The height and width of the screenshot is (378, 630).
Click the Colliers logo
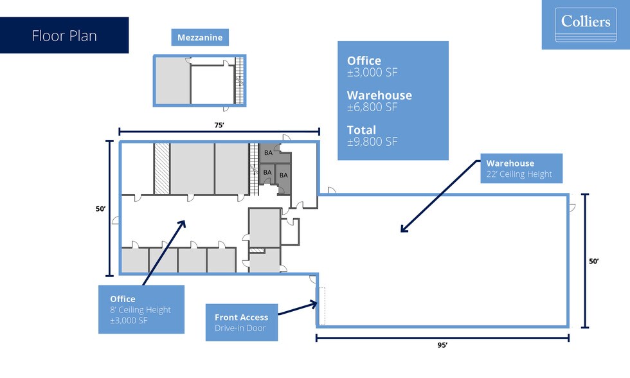coord(585,24)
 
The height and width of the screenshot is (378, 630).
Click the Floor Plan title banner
coord(64,35)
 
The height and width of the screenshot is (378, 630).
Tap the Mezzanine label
coord(201,37)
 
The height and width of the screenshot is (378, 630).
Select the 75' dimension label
coord(219,125)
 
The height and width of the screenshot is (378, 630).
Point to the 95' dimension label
coord(442,345)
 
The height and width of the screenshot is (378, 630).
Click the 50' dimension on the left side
coord(102,209)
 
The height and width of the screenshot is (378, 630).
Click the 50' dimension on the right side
coord(593,261)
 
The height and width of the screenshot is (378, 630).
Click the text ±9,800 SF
coord(373,142)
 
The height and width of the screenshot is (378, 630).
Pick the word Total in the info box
coord(361,130)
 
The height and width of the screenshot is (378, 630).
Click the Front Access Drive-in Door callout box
coord(242,322)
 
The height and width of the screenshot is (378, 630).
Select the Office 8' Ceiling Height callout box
coord(141,309)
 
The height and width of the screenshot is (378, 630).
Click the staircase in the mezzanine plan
coord(240,80)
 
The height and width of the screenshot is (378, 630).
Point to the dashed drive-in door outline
coord(322,305)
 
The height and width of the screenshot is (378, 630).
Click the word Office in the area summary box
coord(364,61)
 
